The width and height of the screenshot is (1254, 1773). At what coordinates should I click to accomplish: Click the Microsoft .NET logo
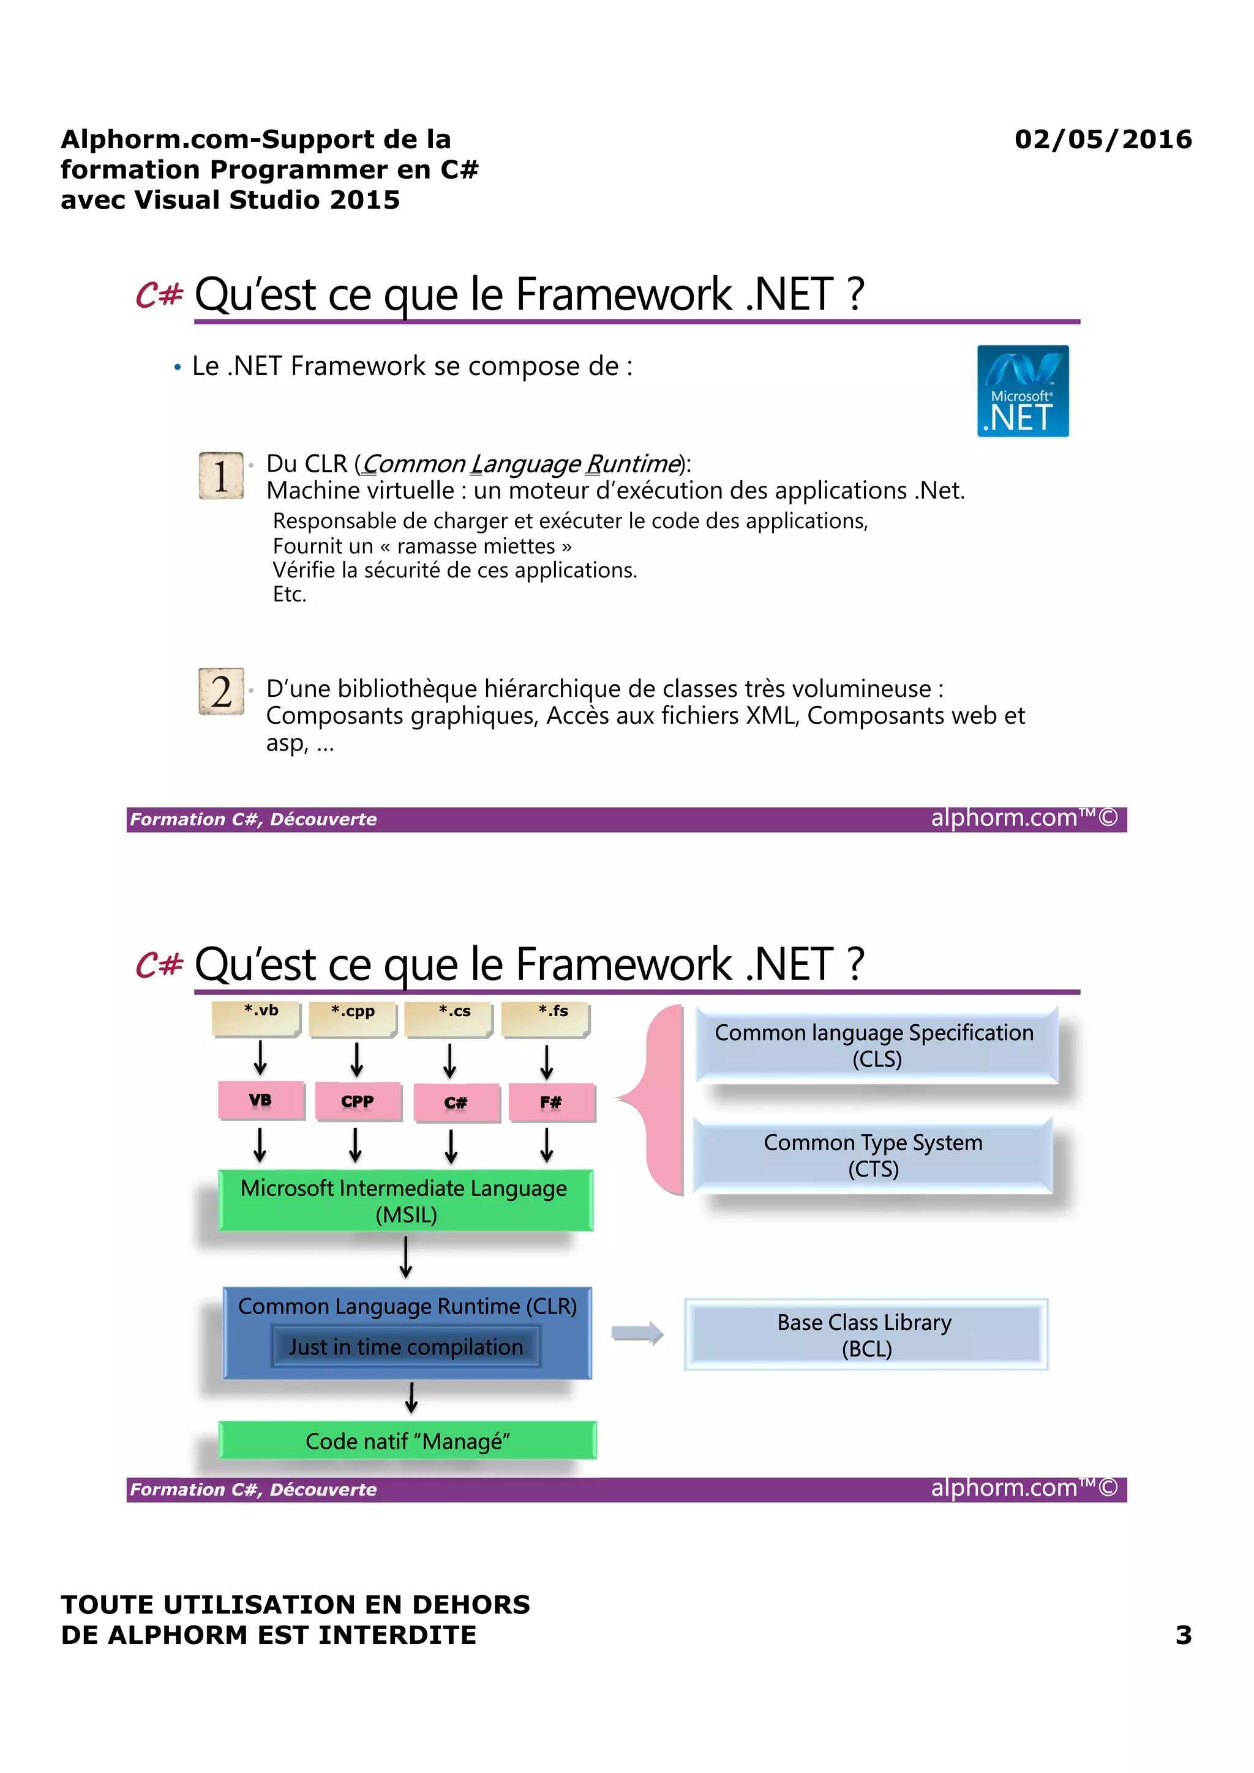1022,391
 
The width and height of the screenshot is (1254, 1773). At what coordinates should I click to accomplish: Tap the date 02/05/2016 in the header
1103,139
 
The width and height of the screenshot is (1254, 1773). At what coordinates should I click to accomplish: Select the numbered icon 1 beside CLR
221,476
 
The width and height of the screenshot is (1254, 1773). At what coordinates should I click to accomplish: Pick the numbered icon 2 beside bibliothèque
221,691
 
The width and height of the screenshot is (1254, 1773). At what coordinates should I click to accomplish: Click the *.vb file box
256,1018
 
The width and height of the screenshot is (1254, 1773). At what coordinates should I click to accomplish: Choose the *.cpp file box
352,1018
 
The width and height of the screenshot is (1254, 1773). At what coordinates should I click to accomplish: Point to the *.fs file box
546,1018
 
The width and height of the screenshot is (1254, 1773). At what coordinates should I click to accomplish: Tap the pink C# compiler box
456,1102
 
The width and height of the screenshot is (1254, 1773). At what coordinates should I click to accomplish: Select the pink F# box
552,1102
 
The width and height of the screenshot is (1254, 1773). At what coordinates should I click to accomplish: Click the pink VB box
260,1101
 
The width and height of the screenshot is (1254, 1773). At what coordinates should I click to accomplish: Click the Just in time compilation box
405,1347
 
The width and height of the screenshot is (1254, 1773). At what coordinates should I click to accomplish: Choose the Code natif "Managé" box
407,1440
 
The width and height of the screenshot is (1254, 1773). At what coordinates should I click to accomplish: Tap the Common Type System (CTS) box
873,1155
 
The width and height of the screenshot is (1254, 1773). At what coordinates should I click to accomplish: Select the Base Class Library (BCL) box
865,1334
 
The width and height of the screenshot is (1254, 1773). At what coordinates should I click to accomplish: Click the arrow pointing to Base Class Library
637,1333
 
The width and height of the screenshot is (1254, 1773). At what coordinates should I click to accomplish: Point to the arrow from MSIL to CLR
405,1257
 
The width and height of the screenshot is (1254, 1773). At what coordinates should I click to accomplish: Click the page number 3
1183,1635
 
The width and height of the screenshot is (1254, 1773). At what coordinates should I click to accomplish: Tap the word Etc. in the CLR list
290,595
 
